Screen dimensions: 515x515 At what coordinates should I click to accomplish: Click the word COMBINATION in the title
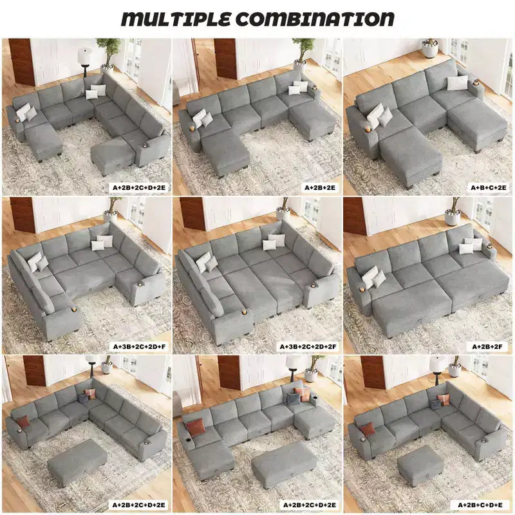315,19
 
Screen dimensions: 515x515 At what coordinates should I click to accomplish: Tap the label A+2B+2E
320,187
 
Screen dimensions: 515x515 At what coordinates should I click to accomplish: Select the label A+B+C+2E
489,187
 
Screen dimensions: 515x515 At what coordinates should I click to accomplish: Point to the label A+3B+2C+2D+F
140,346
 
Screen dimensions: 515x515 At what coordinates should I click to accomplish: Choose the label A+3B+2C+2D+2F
308,346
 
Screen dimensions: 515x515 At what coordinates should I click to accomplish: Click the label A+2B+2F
487,346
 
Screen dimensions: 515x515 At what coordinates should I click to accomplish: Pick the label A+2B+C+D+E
485,505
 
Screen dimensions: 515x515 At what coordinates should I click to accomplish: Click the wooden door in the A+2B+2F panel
355,216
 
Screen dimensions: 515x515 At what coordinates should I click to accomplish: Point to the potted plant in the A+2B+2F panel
453,212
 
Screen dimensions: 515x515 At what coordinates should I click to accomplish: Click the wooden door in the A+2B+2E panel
225,59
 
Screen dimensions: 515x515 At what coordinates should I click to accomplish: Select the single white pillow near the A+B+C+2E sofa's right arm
457,83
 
